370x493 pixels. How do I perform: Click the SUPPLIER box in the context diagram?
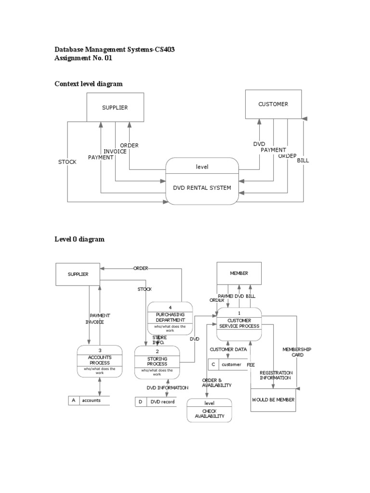pos(115,107)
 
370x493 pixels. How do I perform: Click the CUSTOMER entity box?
pos(273,104)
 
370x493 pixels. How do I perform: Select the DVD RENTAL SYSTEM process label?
pos(202,188)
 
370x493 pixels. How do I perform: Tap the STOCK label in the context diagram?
pos(67,162)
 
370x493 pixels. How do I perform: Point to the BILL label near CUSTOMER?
pos(303,160)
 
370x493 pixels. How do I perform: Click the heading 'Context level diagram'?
pos(89,84)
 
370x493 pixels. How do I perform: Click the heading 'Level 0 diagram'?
pos(79,239)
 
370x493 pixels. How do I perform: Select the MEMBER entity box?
pos(239,273)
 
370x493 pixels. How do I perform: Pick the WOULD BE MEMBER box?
pos(273,400)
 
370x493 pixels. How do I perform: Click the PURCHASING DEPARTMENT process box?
pos(170,317)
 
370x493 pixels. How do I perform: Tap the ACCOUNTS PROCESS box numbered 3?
pos(100,361)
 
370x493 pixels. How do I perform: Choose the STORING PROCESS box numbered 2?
pos(157,362)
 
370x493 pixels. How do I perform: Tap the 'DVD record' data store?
pos(161,402)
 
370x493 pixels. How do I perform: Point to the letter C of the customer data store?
pos(213,364)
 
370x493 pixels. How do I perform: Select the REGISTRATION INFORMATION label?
pos(276,375)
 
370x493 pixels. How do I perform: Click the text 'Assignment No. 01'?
pos(85,58)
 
